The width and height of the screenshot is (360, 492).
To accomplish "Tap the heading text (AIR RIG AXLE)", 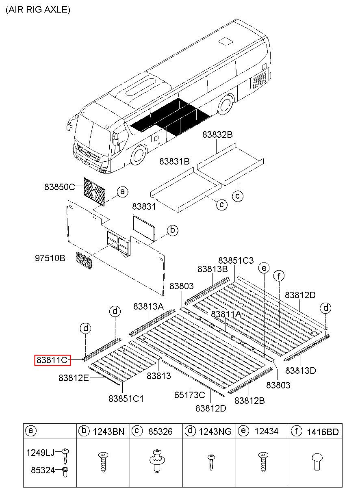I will click(38, 10).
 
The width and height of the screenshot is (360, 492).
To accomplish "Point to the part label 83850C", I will click(60, 187).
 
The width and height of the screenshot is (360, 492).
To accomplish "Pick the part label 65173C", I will click(189, 394).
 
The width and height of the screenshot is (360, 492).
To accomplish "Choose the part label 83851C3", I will click(236, 260).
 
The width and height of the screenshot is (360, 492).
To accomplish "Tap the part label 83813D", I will click(301, 370).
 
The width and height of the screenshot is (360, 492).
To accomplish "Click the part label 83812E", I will click(74, 377).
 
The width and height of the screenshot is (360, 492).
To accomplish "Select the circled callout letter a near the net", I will click(122, 192).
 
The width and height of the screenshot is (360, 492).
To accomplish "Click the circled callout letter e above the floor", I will click(264, 268).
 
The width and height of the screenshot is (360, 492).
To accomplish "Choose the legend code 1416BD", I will click(322, 431).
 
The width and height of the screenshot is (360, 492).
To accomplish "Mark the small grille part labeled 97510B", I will click(84, 261).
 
